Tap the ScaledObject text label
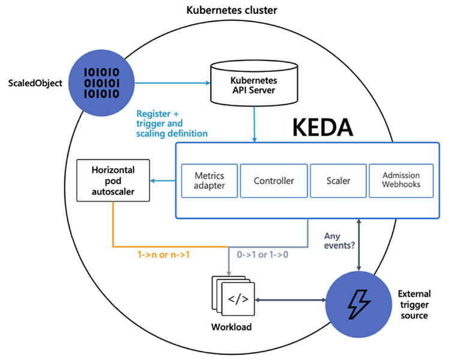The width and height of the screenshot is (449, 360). click(x=35, y=83)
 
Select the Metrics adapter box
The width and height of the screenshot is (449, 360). click(x=209, y=180)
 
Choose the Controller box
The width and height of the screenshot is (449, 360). click(x=274, y=180)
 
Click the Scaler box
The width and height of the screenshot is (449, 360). click(x=339, y=180)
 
